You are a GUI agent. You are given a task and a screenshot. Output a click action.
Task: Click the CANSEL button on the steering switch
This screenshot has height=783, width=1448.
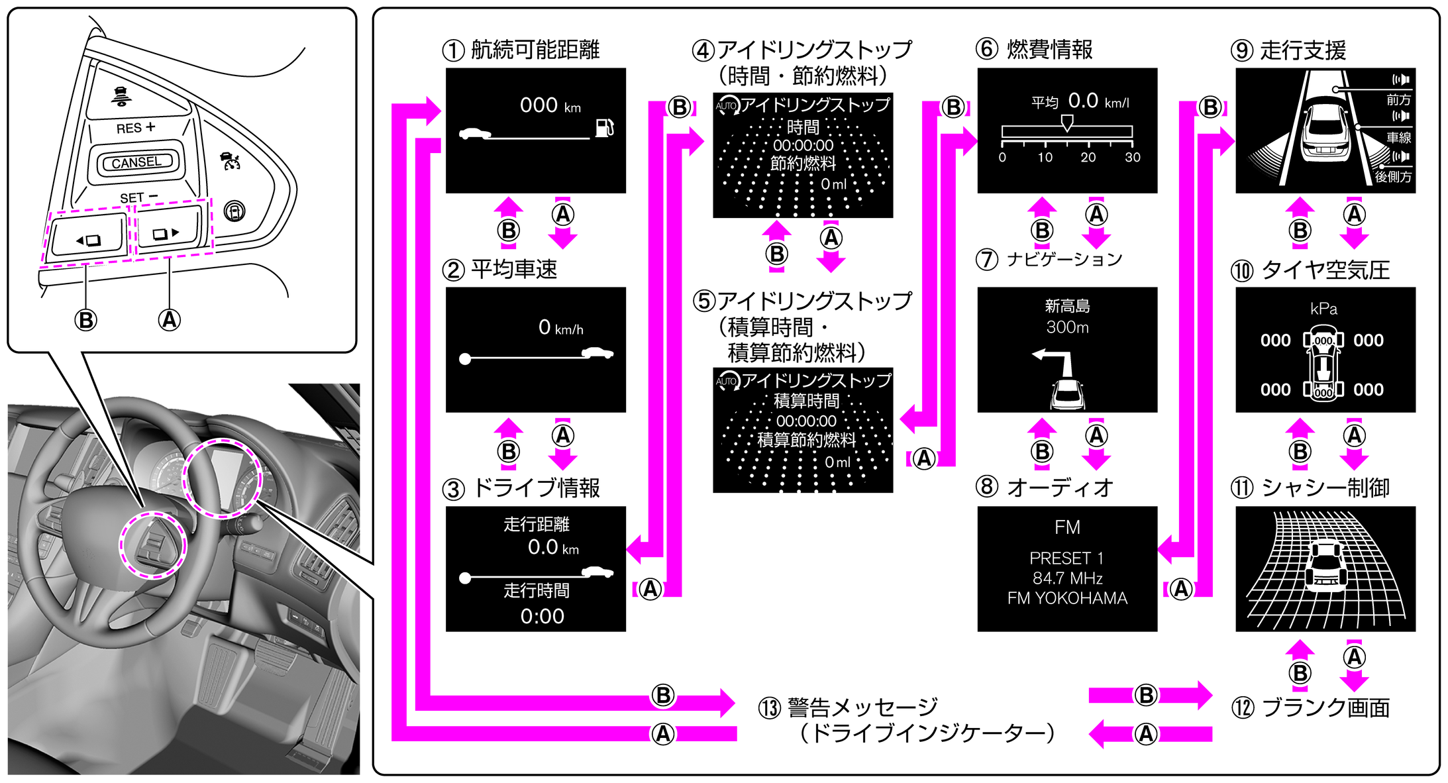(136, 162)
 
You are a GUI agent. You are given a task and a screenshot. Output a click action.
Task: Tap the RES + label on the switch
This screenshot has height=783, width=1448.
(135, 127)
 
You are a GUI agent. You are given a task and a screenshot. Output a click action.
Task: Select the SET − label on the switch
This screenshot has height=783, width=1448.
(138, 197)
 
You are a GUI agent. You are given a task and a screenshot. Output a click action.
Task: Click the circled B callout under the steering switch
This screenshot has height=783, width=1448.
(85, 320)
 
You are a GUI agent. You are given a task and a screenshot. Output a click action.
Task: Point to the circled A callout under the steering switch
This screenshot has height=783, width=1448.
(169, 320)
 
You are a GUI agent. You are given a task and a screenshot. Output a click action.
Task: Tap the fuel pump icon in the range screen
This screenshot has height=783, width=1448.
(604, 127)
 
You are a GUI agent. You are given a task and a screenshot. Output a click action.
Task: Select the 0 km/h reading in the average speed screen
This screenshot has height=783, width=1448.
(560, 327)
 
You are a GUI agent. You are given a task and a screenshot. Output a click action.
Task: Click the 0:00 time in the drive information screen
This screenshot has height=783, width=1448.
(542, 616)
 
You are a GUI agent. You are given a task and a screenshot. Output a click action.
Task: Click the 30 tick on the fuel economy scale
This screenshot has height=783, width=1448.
(1133, 158)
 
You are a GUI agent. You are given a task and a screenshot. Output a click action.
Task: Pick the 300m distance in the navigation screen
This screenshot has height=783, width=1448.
(1067, 327)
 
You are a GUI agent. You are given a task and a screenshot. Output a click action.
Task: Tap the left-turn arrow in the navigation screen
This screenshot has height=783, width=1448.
(1053, 361)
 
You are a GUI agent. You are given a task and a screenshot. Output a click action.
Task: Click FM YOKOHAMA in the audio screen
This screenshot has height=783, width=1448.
(1067, 598)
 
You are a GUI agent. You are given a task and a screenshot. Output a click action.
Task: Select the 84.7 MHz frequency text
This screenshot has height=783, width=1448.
(1067, 578)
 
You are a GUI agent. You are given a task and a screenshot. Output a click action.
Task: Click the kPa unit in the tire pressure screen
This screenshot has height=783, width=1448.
(1323, 309)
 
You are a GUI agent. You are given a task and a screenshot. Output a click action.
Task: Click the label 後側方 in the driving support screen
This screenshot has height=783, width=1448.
(1393, 177)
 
